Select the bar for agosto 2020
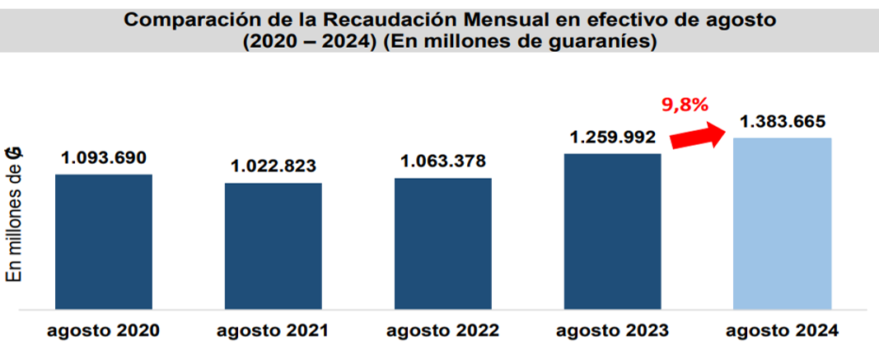[x=104, y=242]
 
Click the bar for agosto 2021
[x=274, y=246]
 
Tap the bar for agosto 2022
[x=443, y=244]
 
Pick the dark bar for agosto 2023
[x=612, y=231]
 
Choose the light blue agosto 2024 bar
[x=782, y=224]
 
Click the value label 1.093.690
[x=104, y=157]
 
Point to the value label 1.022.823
[x=274, y=166]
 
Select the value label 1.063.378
[x=443, y=161]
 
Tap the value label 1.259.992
[x=612, y=136]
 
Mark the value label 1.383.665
[x=782, y=121]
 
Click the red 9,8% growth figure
[x=685, y=105]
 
